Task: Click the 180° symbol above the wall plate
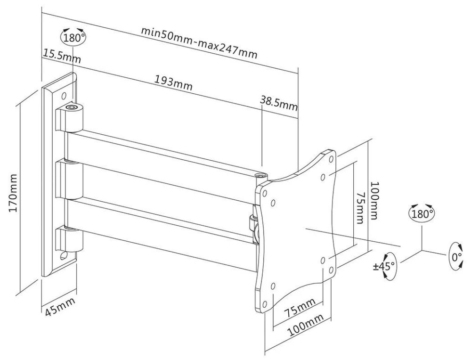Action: (x=73, y=37)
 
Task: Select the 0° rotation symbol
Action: (x=456, y=256)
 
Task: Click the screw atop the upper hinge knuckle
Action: (x=71, y=107)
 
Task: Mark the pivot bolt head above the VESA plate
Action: (x=260, y=176)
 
